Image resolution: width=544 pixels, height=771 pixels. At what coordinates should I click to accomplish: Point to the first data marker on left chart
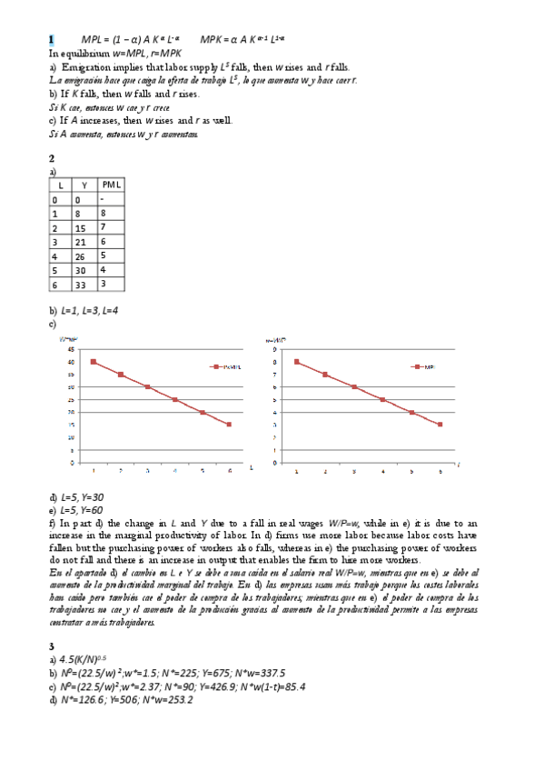tap(94, 361)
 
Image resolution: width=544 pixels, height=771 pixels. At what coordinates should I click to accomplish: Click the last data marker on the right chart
tap(440, 425)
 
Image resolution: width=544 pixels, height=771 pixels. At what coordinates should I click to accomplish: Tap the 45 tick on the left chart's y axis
tap(71, 348)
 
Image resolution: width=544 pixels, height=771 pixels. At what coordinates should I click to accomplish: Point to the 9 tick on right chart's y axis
tap(274, 348)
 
